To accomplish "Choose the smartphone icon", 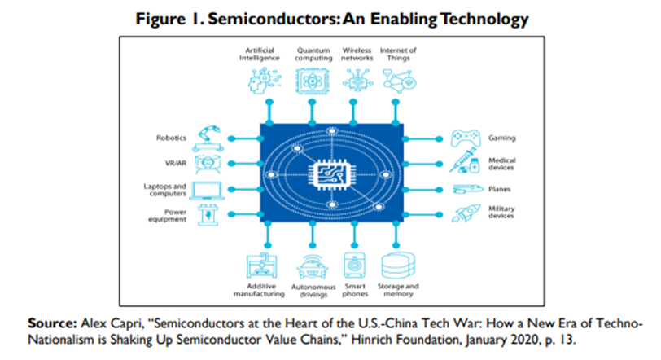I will point(354,266).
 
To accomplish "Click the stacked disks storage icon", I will point(398,265).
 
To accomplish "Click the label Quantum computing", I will point(313,55).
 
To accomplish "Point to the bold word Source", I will point(50,323).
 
